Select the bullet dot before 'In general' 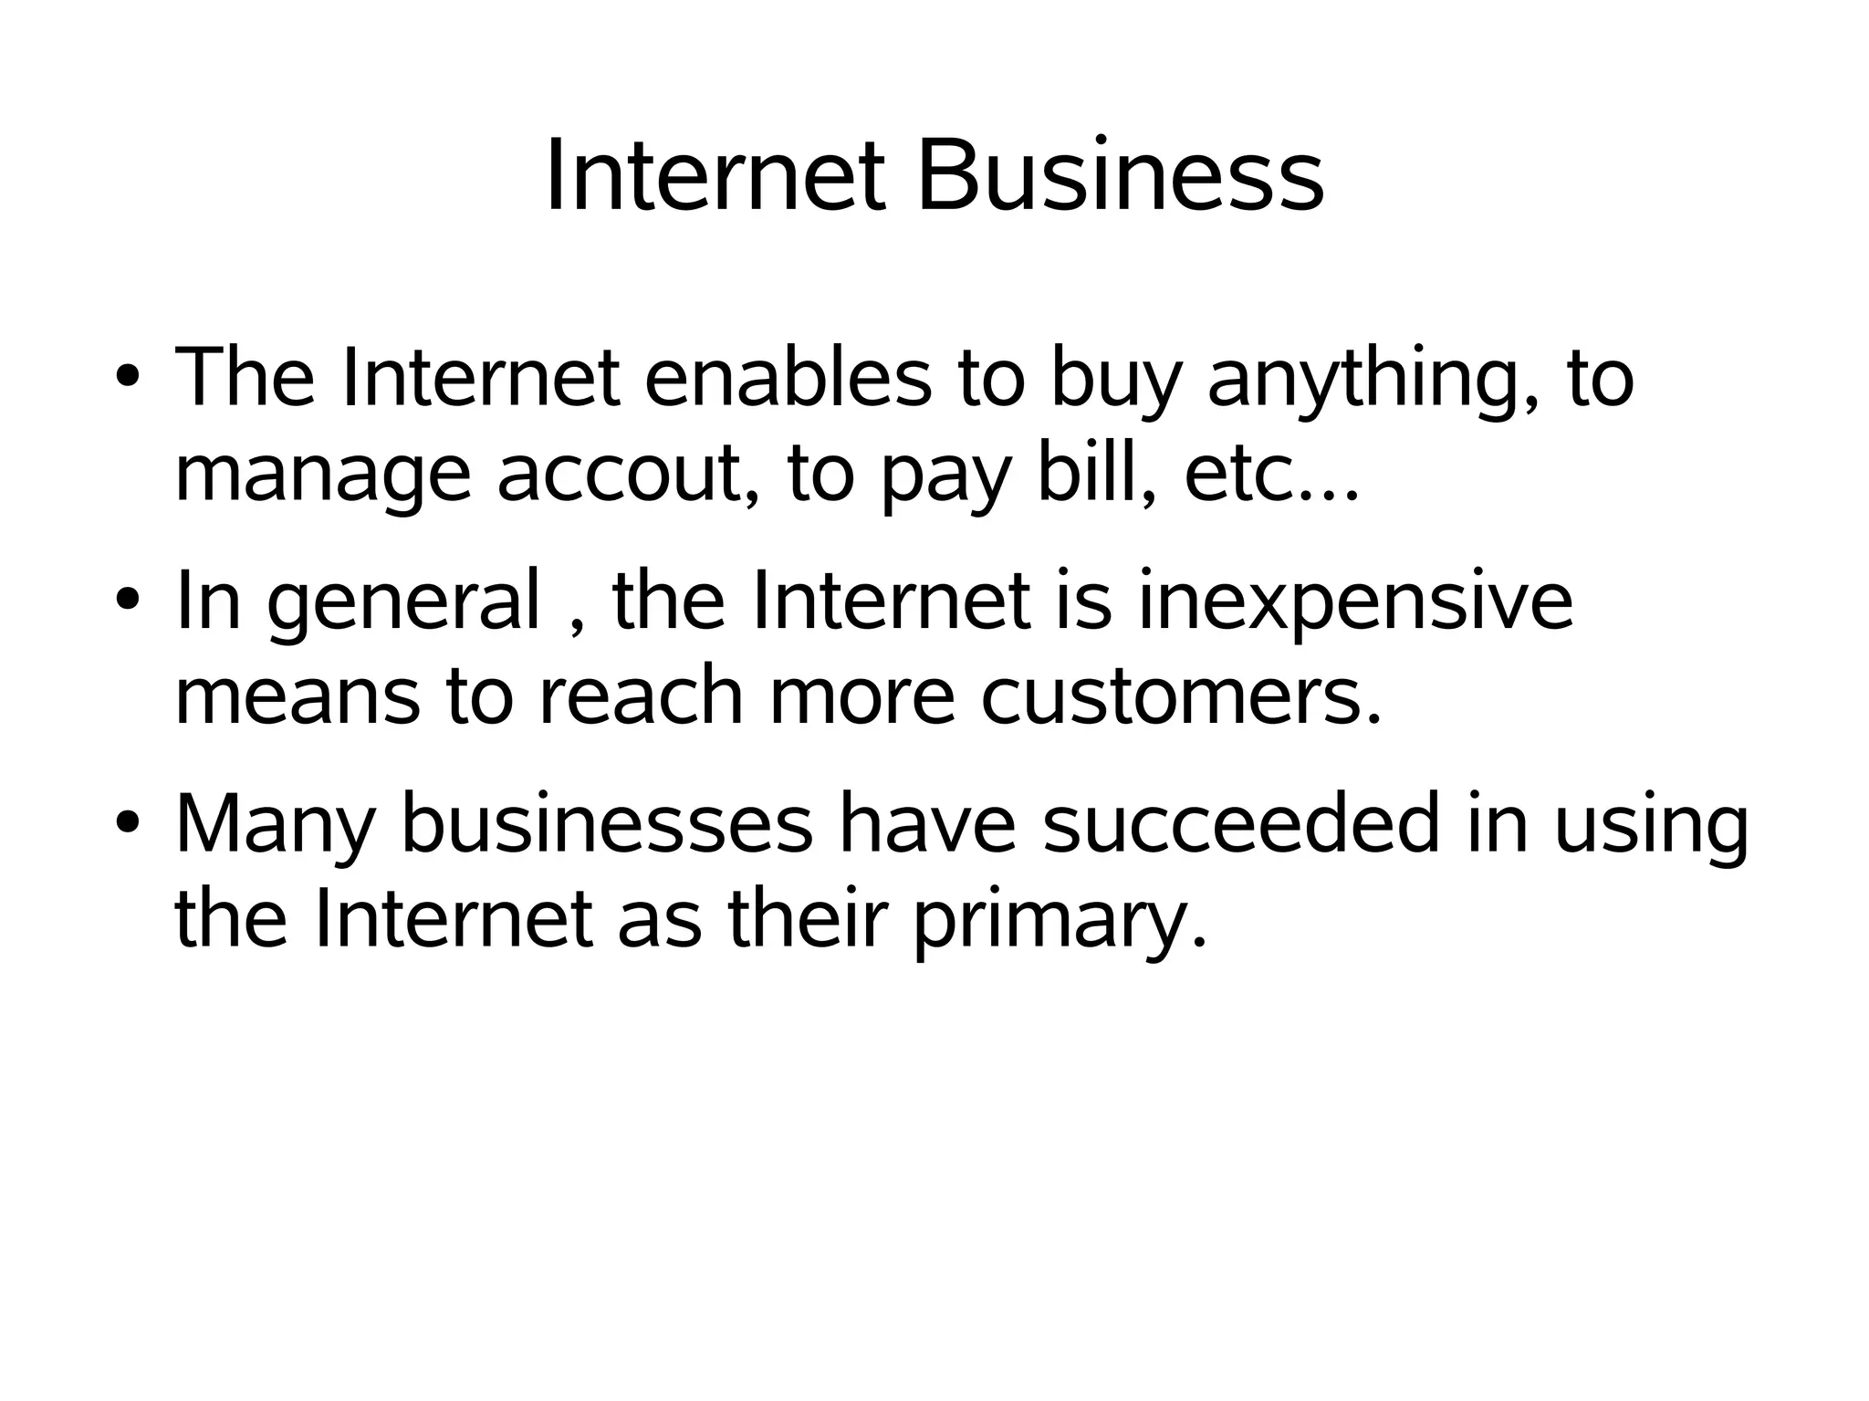(x=128, y=600)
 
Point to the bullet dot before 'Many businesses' (x=128, y=823)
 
